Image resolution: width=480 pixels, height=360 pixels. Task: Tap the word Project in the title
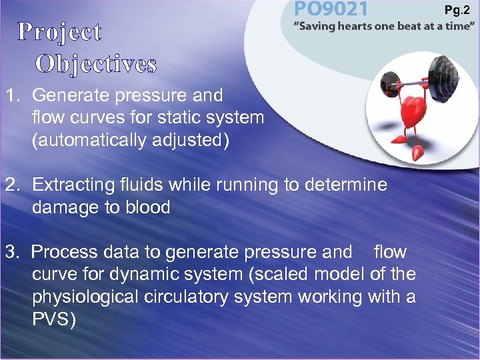click(x=59, y=31)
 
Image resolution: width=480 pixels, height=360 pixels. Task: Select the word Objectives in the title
click(x=96, y=63)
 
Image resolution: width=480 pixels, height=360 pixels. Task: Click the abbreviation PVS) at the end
click(x=54, y=320)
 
